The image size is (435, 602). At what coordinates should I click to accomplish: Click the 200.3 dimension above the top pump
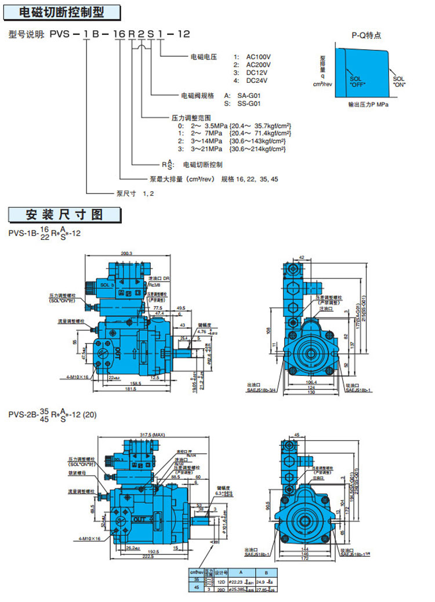[x=127, y=253]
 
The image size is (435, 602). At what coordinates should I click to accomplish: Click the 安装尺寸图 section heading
[x=64, y=214]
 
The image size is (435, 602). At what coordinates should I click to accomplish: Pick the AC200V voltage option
[x=258, y=65]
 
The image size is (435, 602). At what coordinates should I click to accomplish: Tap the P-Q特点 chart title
[x=367, y=35]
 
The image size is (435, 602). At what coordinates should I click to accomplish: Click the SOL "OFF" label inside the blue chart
[x=358, y=81]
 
